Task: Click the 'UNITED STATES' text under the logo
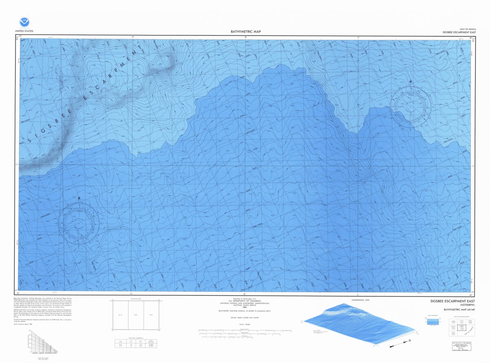click(x=24, y=31)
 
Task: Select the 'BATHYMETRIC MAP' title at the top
click(x=245, y=32)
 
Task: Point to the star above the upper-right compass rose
click(x=411, y=82)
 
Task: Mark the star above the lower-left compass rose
click(x=79, y=198)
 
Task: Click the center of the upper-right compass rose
click(x=411, y=104)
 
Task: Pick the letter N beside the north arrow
click(x=409, y=340)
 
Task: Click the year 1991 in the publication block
click(x=245, y=307)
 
